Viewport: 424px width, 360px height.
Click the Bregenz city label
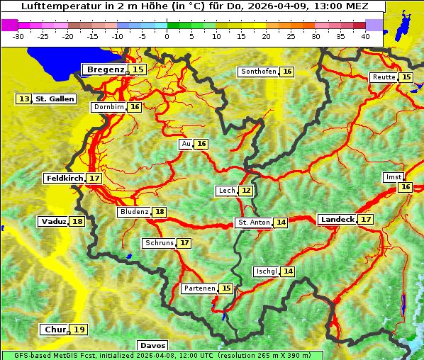pos(106,69)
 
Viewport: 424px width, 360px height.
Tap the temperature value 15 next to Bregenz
pos(138,69)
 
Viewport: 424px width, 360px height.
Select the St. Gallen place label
pos(55,99)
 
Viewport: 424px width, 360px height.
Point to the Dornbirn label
pos(108,107)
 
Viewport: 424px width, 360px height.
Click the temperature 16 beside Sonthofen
pos(287,72)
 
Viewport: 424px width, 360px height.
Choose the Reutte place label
pos(384,77)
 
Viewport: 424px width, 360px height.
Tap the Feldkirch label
pos(65,178)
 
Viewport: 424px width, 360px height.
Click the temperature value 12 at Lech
pos(246,191)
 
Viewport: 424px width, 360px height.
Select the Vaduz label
pos(54,221)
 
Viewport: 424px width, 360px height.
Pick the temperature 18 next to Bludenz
pos(160,212)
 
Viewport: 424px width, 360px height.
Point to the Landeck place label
pos(337,220)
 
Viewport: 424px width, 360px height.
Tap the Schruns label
pos(159,243)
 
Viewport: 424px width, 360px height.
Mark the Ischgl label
pos(266,271)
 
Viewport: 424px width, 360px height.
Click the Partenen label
pos(199,288)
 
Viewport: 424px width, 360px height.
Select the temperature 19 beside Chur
pos(79,330)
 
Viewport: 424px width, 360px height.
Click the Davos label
pos(152,345)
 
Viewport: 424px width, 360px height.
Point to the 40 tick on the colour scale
pos(365,36)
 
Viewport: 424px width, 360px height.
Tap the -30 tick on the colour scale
pos(18,36)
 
